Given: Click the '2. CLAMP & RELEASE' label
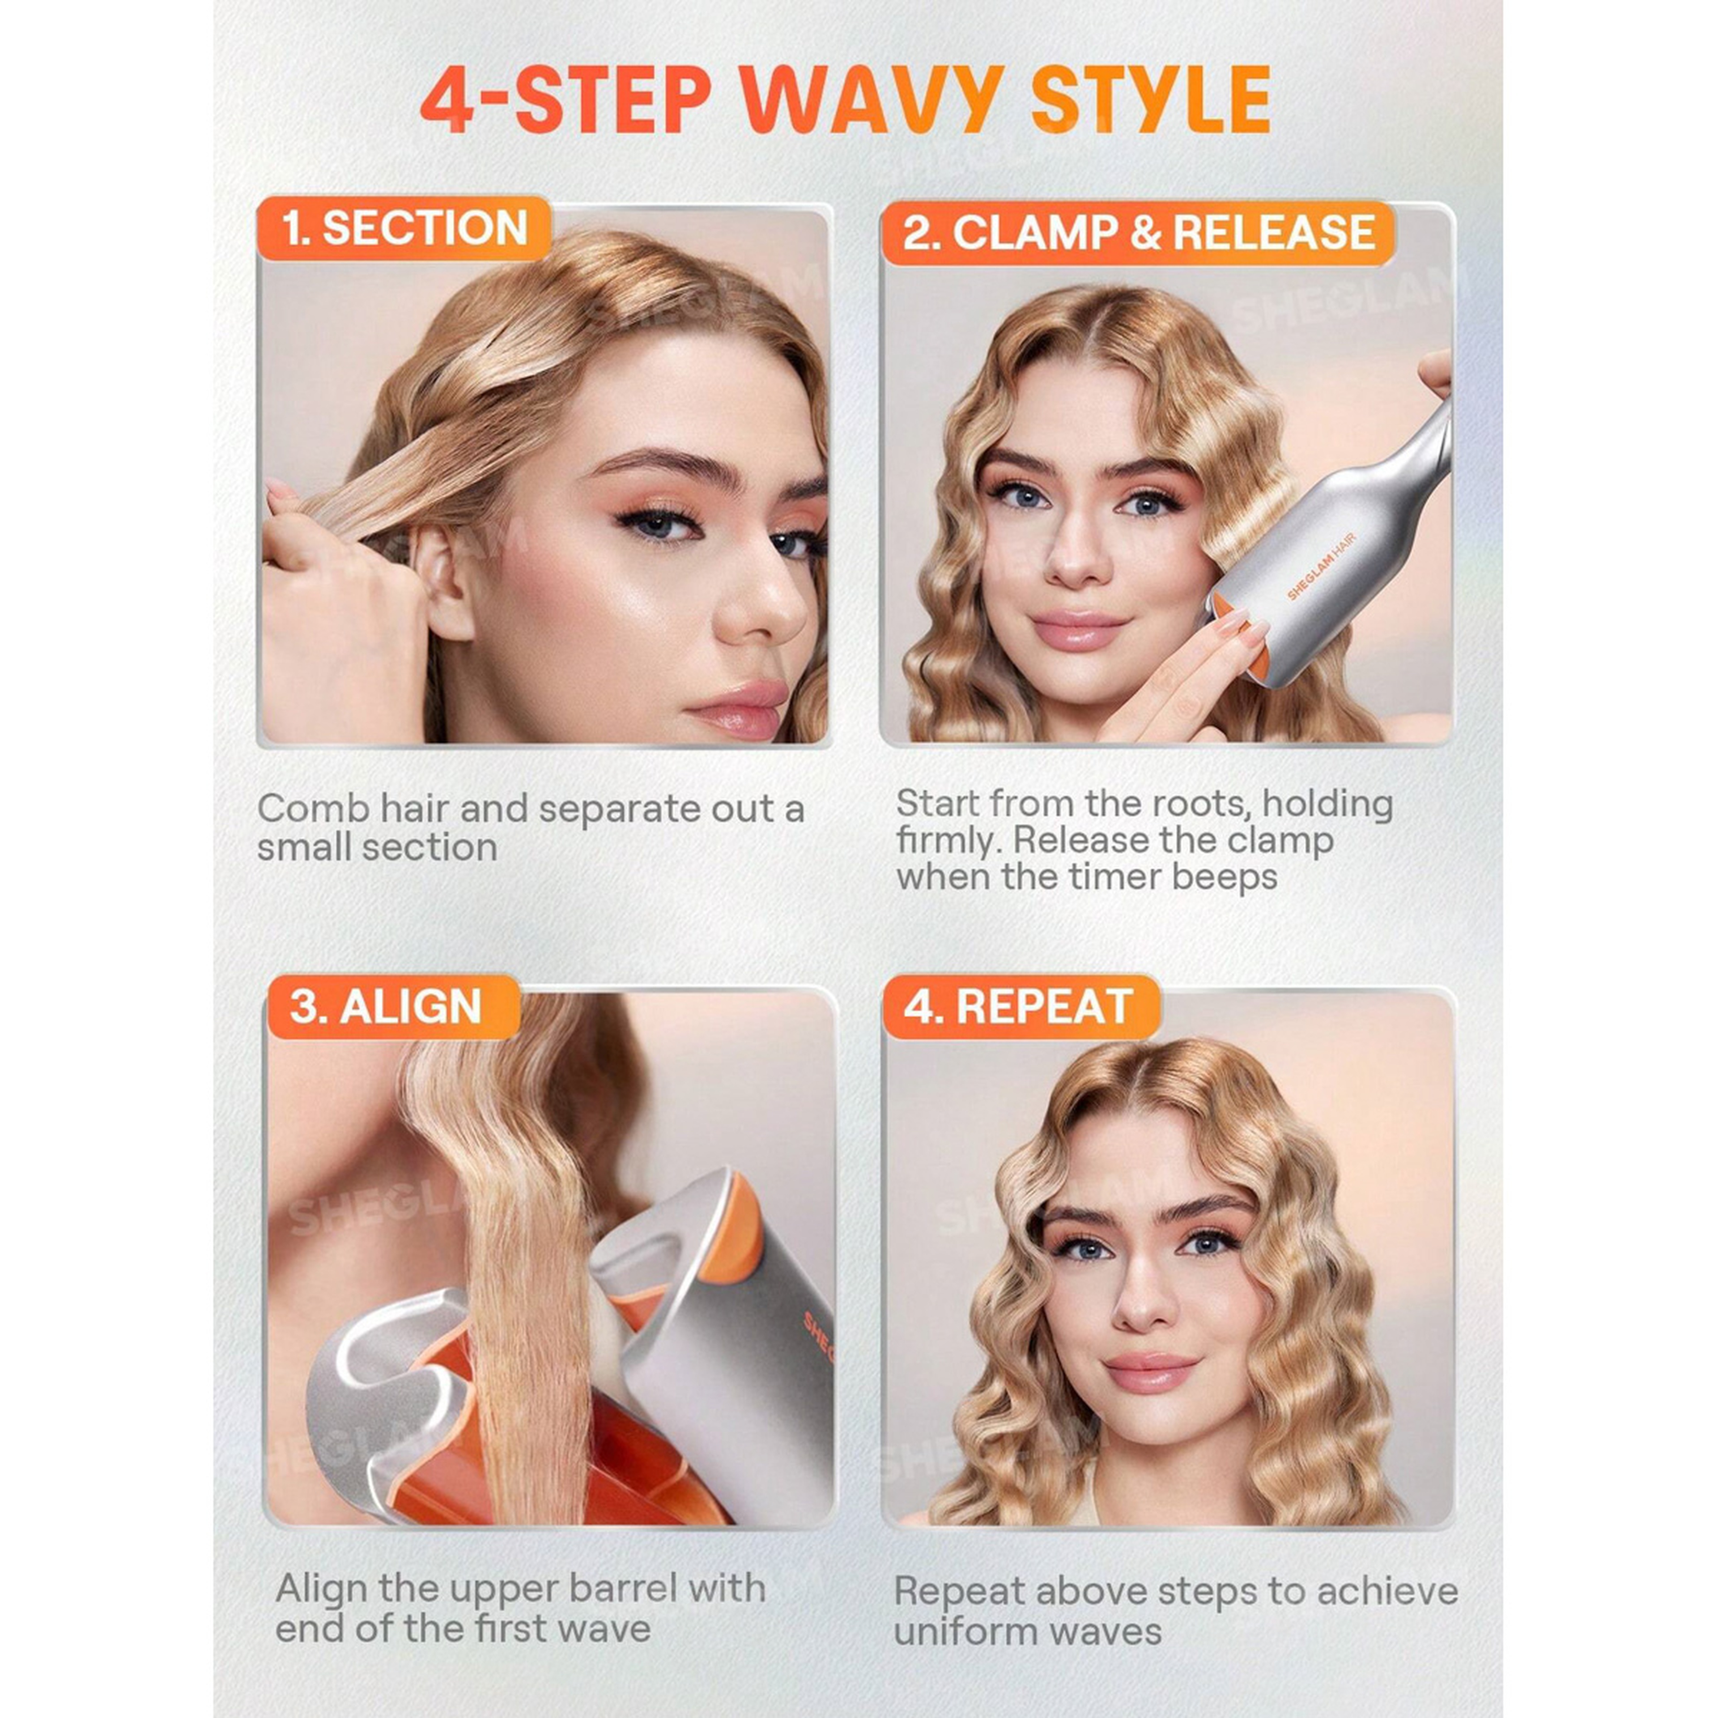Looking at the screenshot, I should click(1138, 233).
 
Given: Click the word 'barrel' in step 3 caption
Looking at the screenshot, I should click(615, 1588).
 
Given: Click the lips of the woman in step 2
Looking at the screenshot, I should click(1079, 629).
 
